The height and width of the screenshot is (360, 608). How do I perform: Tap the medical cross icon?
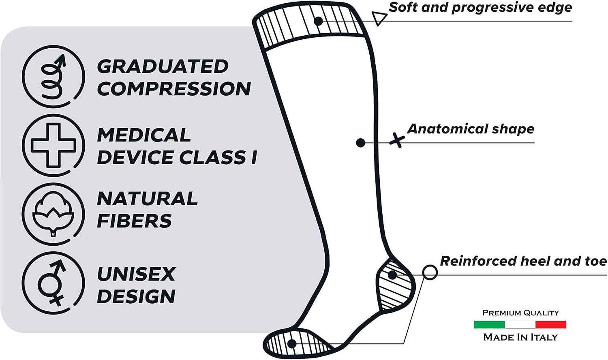(x=54, y=146)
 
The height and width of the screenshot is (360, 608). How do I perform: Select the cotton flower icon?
(x=54, y=214)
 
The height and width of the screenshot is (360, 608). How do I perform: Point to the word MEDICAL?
(x=144, y=135)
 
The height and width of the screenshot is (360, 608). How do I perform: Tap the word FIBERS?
(x=134, y=221)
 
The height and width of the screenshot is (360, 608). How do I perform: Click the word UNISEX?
(x=136, y=274)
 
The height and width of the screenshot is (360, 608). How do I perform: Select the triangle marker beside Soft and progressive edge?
(x=379, y=18)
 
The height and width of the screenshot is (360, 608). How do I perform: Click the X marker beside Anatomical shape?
(x=397, y=140)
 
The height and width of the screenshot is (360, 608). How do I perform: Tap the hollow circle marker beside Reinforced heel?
(x=430, y=272)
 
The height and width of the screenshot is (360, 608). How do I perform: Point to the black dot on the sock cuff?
(x=318, y=21)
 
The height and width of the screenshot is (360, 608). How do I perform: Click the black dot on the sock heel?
(x=392, y=275)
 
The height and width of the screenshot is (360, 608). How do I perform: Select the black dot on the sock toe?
(x=292, y=344)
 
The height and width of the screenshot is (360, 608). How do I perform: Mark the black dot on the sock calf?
(x=360, y=143)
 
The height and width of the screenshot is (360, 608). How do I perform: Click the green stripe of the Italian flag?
(x=489, y=325)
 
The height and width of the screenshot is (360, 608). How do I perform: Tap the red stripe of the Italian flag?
(x=551, y=325)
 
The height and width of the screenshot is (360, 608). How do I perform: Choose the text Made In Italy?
(x=520, y=337)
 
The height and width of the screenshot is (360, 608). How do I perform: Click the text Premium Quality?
(x=520, y=313)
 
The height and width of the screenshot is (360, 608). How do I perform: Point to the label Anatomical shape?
(x=471, y=129)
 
